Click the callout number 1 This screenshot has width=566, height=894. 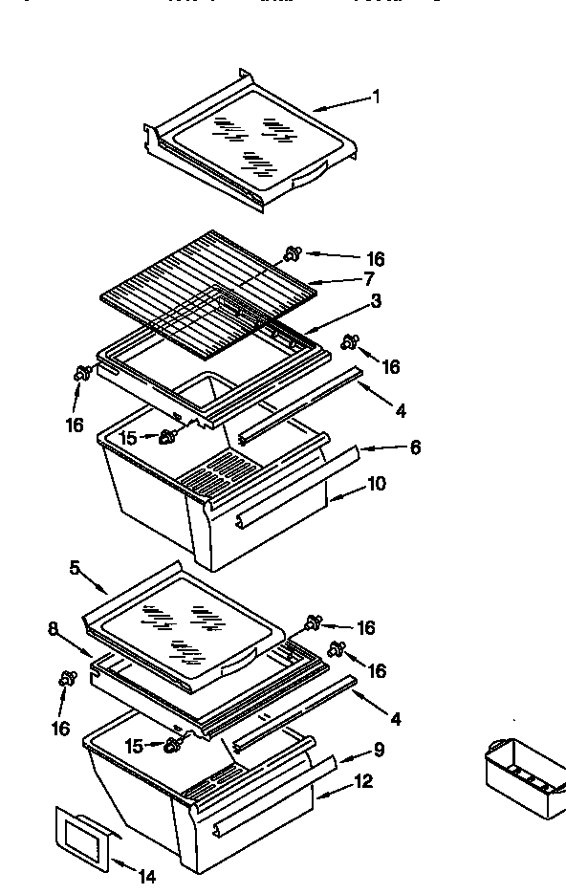click(376, 97)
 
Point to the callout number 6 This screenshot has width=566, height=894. click(414, 447)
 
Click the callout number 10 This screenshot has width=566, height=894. click(376, 484)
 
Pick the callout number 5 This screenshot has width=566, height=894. click(75, 567)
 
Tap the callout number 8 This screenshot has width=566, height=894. click(53, 628)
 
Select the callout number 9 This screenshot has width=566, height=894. click(379, 750)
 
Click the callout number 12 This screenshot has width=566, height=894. click(363, 782)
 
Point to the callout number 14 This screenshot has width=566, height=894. click(146, 875)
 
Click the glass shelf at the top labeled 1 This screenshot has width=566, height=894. click(253, 143)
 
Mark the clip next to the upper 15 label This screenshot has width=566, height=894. click(170, 437)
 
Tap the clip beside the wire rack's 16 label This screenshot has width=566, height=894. click(293, 253)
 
